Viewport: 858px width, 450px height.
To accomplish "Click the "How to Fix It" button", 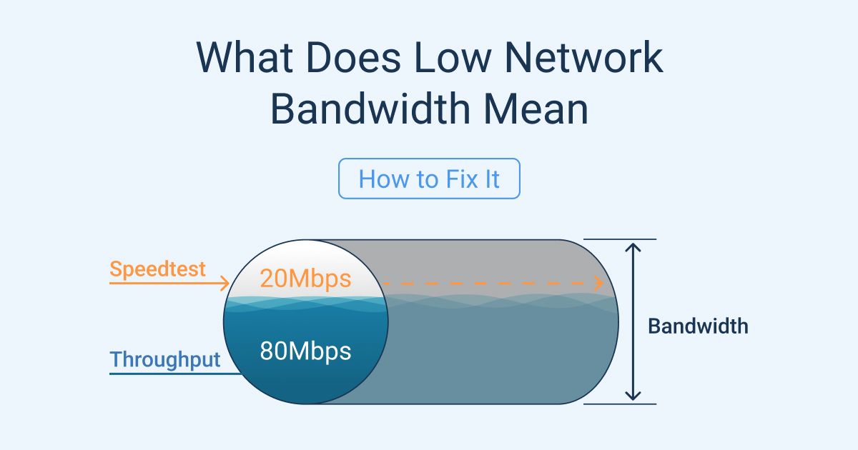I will tap(429, 179).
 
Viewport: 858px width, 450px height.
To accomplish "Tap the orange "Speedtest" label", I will tap(157, 269).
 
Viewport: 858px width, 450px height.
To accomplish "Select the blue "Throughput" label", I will tap(165, 359).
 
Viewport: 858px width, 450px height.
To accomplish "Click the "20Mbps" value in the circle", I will tap(305, 279).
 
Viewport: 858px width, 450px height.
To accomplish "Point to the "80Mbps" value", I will tap(305, 351).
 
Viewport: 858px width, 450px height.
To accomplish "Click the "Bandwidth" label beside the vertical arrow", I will tap(698, 326).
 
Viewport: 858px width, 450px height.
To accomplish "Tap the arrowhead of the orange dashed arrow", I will tap(599, 284).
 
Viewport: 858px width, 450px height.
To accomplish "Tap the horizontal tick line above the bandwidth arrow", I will tap(620, 240).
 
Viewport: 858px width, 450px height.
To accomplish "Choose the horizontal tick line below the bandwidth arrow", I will tap(620, 404).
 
